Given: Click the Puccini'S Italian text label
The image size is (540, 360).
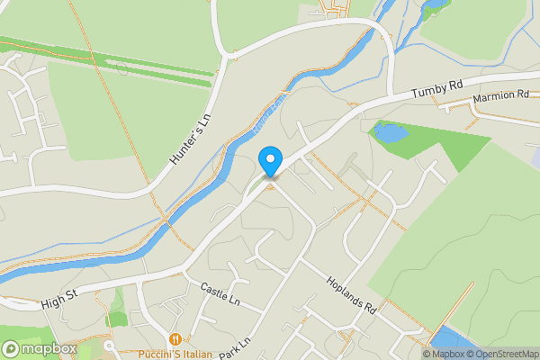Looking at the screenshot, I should [175, 354].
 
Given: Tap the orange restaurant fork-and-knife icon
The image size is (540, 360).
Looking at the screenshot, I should [175, 339].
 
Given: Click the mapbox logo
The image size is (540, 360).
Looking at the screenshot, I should [38, 348].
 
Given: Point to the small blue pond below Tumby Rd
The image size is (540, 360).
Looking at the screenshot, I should [390, 134].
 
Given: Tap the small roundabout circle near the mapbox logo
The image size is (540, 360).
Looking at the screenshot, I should [109, 346].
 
